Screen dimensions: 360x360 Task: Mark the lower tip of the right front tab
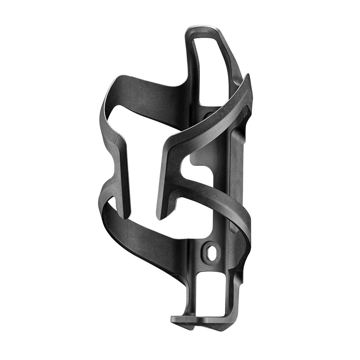click(159, 215)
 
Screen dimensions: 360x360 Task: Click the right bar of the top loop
click(234, 63)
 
